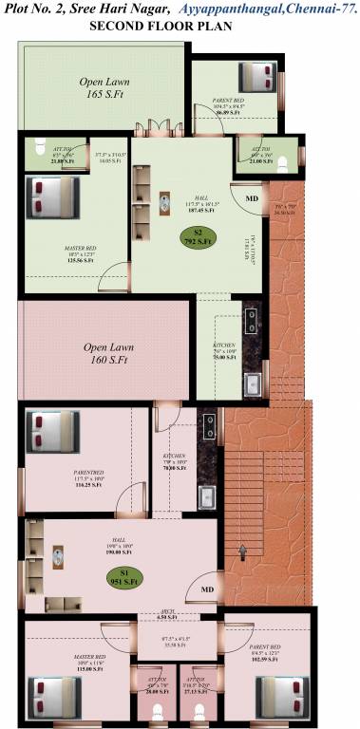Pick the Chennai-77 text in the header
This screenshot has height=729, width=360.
pos(313,9)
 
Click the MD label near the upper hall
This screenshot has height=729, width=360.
pos(251,198)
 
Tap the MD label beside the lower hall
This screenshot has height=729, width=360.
pos(207,590)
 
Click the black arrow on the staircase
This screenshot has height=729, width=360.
pos(242,552)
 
